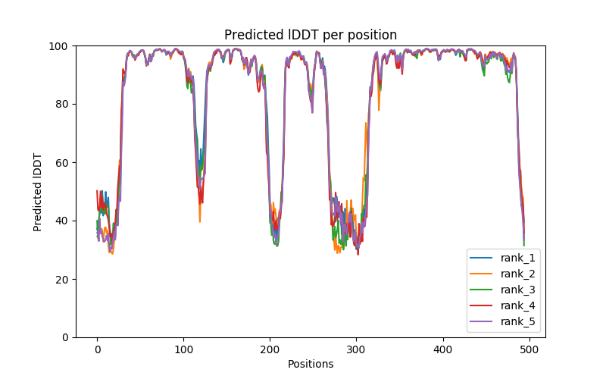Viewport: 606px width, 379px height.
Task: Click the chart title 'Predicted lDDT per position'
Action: [311, 35]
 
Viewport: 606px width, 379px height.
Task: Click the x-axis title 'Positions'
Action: [311, 364]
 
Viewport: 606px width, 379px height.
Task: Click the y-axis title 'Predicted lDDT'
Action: [38, 192]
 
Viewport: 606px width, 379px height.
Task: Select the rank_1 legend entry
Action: [517, 258]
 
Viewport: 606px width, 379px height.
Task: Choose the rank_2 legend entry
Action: [517, 274]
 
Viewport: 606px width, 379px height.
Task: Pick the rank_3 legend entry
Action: [517, 290]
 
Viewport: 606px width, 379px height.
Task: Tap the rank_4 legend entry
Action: [517, 305]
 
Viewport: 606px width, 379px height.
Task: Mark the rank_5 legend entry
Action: [517, 321]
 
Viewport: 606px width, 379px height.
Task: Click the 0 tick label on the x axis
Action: [97, 349]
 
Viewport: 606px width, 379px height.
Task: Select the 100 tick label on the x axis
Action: [183, 349]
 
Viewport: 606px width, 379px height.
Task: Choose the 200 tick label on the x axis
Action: [270, 349]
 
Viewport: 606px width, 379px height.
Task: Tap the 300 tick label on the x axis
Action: [356, 349]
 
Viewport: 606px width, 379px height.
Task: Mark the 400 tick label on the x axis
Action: [442, 349]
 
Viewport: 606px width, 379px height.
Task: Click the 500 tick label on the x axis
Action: [529, 349]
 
